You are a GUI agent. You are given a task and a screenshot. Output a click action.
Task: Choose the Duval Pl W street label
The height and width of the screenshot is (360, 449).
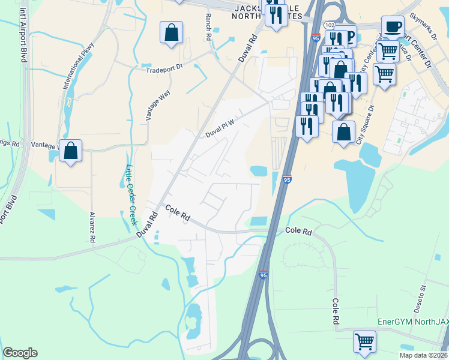[x=218, y=128]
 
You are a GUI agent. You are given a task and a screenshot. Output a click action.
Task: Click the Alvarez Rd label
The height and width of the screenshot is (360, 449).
[x=92, y=227]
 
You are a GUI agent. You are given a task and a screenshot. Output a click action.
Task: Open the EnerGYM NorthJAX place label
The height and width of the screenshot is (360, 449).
[x=412, y=322]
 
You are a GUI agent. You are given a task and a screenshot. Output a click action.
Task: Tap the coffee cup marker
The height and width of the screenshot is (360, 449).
[x=393, y=27]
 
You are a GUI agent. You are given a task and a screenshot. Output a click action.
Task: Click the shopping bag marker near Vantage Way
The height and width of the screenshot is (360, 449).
[x=70, y=152]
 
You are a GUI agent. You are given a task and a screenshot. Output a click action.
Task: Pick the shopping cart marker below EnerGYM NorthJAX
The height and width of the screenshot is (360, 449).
[x=365, y=342]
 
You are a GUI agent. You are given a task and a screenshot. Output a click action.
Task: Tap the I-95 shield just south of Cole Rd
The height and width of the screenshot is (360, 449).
[x=263, y=274]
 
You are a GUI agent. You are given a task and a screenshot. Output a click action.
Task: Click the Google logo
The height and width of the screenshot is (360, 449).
[x=20, y=353]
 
